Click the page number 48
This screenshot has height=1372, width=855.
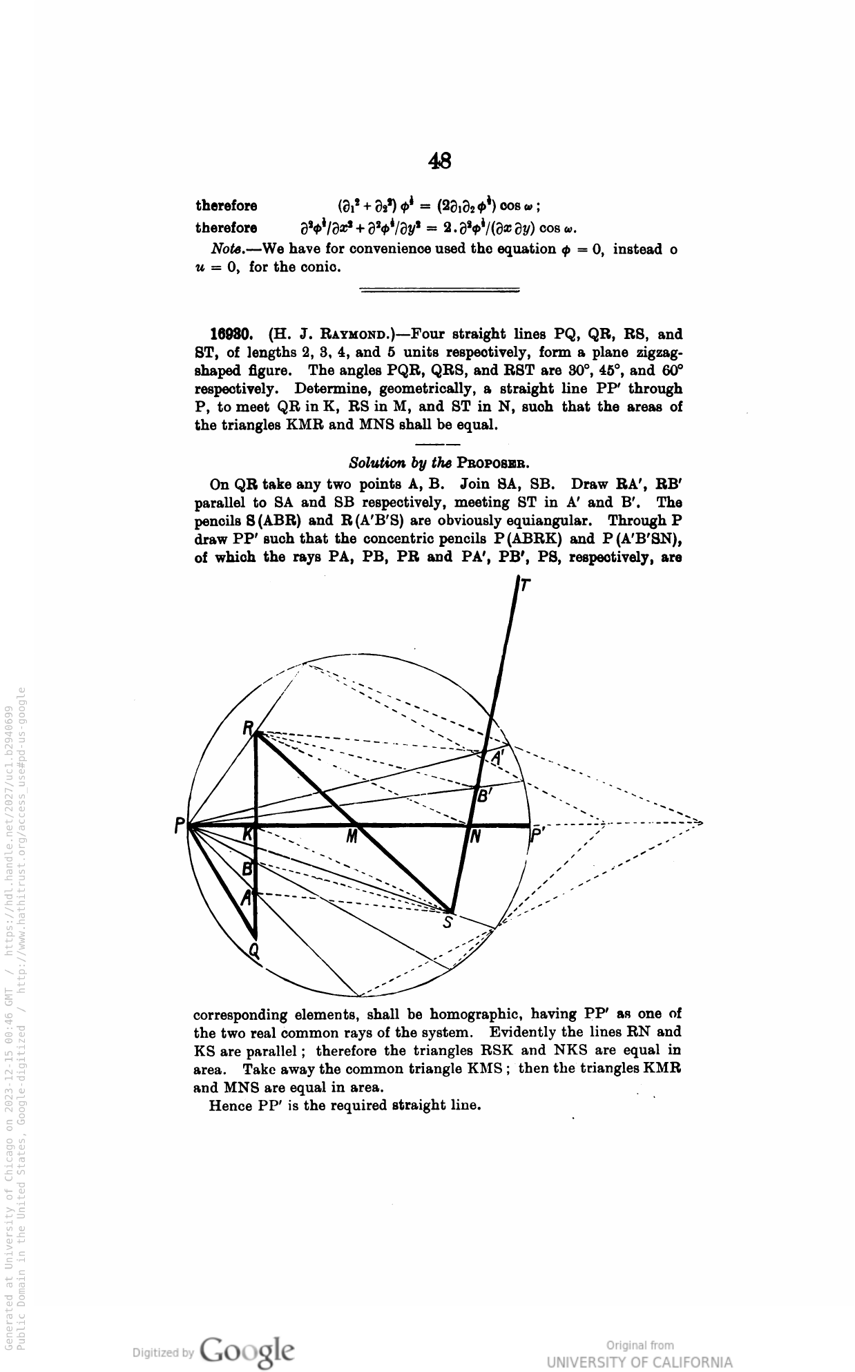pyautogui.click(x=440, y=161)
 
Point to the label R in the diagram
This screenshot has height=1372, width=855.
pyautogui.click(x=248, y=728)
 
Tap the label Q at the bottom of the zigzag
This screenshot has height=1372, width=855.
pyautogui.click(x=254, y=951)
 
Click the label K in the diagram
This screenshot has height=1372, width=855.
pyautogui.click(x=248, y=835)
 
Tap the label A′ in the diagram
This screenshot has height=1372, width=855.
pyautogui.click(x=499, y=757)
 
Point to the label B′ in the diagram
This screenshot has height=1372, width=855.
pyautogui.click(x=485, y=796)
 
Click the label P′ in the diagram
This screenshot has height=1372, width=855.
pyautogui.click(x=537, y=837)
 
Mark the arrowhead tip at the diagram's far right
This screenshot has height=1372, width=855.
pyautogui.click(x=702, y=823)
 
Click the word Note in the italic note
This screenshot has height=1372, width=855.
pyautogui.click(x=225, y=249)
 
